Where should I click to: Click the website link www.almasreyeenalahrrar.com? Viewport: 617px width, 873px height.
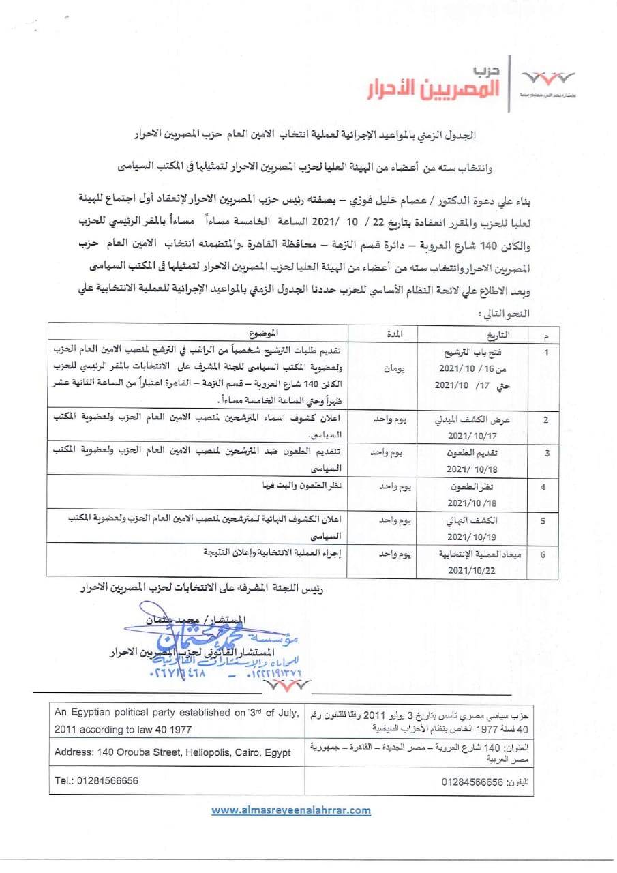(291, 810)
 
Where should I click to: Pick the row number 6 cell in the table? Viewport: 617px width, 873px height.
(543, 554)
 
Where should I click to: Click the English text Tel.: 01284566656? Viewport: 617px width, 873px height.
(95, 780)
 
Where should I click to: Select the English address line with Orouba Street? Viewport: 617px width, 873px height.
(172, 752)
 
